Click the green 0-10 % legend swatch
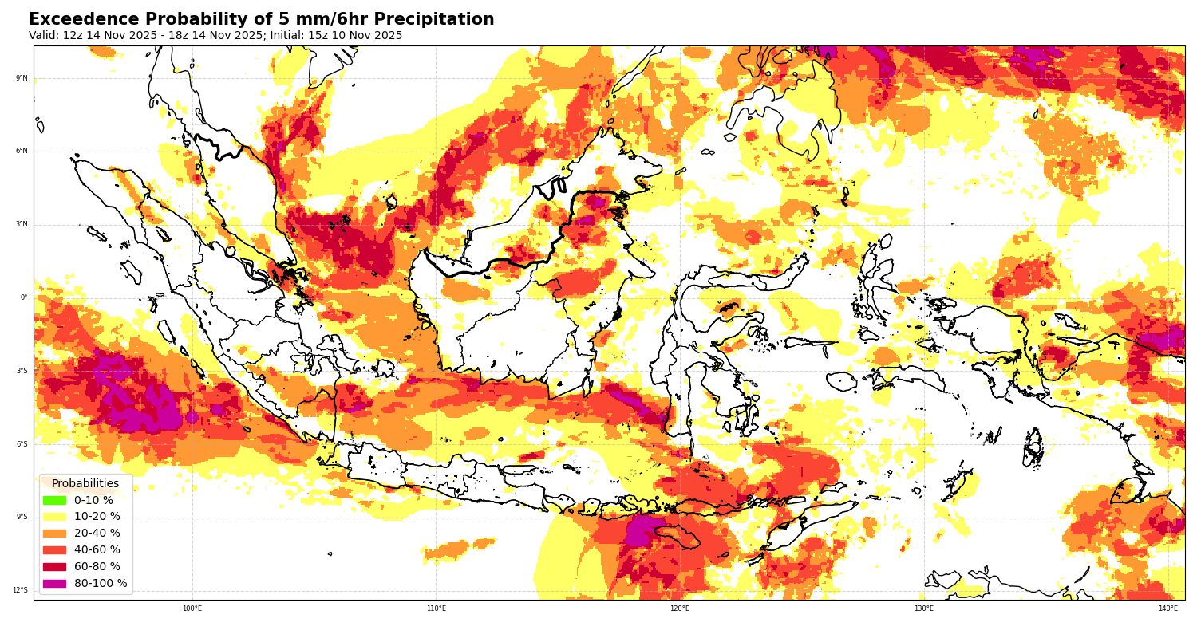(x=54, y=500)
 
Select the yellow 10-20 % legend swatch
(x=54, y=517)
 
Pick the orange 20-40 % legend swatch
(x=54, y=534)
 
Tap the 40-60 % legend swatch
(x=54, y=550)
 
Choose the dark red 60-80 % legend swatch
(x=54, y=567)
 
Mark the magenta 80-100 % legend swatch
(x=54, y=584)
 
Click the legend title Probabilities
(x=85, y=483)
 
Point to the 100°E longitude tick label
(x=192, y=608)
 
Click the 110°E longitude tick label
(x=436, y=608)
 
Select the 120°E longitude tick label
(x=680, y=608)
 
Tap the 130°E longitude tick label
(x=924, y=608)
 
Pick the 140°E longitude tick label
(x=1167, y=608)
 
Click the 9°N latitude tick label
(x=21, y=78)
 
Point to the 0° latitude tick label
(x=24, y=297)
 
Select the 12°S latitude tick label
(x=20, y=590)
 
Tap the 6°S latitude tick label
(x=21, y=444)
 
